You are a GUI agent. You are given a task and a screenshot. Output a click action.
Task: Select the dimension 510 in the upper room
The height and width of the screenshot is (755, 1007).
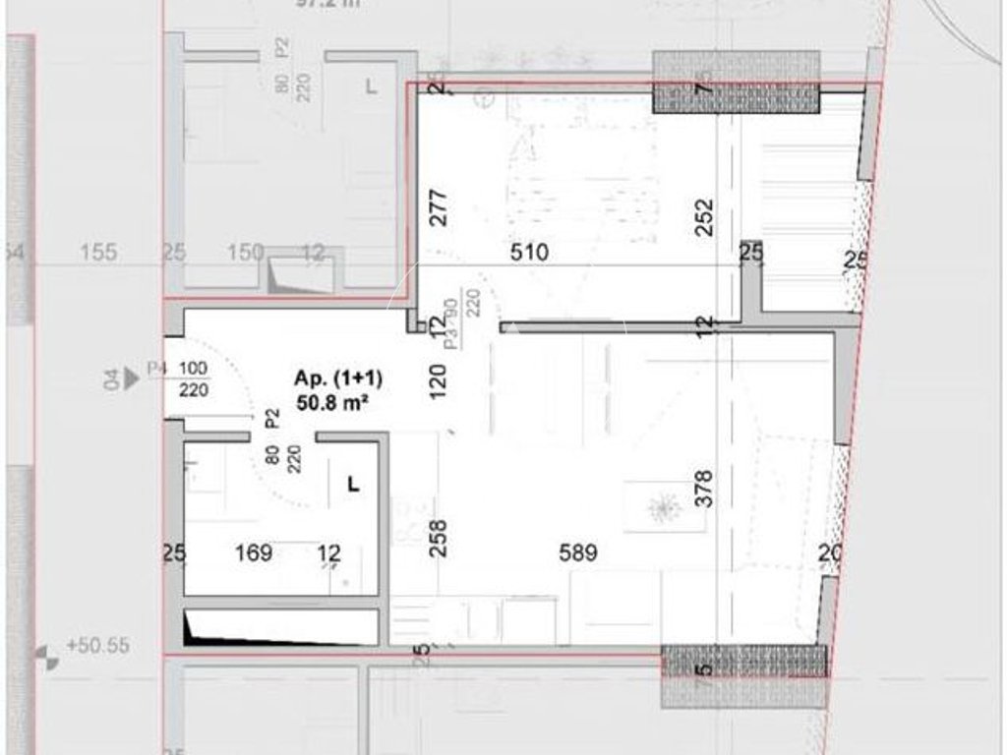529,253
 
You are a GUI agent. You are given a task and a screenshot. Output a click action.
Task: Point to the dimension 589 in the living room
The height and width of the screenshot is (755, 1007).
578,553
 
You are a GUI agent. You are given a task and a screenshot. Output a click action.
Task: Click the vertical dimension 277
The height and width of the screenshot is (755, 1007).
440,207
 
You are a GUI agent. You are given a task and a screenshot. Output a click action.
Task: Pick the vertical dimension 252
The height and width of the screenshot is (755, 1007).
703,218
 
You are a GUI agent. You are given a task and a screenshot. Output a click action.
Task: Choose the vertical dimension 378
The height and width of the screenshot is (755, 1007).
703,489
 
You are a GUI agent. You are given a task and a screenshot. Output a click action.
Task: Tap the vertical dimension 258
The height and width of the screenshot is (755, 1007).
440,538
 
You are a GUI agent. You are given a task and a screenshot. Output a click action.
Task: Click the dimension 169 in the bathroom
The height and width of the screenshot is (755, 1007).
254,553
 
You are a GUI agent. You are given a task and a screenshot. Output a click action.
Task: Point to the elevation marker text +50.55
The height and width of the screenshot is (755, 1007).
98,647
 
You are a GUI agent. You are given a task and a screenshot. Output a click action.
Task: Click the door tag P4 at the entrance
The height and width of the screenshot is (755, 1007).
156,368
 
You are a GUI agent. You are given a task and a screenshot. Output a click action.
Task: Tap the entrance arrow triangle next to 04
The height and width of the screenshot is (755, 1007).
132,377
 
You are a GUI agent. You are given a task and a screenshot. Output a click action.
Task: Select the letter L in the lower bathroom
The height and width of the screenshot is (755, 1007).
354,484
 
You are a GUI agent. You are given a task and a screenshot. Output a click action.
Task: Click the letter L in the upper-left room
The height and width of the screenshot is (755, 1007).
371,87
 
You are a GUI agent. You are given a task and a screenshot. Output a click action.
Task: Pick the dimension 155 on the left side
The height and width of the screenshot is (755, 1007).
98,253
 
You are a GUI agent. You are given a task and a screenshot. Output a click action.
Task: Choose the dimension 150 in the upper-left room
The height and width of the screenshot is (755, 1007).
246,253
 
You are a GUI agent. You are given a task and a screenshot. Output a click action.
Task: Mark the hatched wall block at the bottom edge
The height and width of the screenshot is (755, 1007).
743,676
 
